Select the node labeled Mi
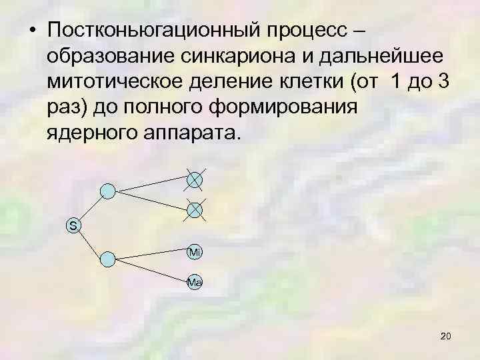click(x=195, y=252)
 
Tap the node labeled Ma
click(x=195, y=282)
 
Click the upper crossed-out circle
click(x=195, y=179)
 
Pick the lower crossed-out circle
click(x=195, y=209)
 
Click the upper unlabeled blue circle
click(x=107, y=191)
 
